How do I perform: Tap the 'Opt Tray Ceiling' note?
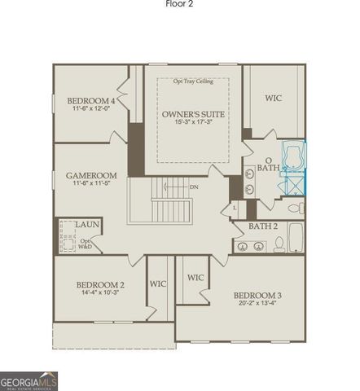point(193,81)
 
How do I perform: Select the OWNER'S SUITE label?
point(193,113)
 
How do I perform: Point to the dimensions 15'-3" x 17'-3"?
point(193,122)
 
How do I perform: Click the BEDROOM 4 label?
point(90,100)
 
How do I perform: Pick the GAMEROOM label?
point(91,175)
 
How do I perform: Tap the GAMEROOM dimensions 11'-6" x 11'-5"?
point(91,184)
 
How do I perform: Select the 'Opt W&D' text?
point(86,243)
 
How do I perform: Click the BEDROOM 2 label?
point(100,285)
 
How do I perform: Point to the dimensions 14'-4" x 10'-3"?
point(100,294)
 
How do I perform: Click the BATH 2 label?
point(264,226)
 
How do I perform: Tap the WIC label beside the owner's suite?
point(274,99)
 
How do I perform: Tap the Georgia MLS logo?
point(29,380)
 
